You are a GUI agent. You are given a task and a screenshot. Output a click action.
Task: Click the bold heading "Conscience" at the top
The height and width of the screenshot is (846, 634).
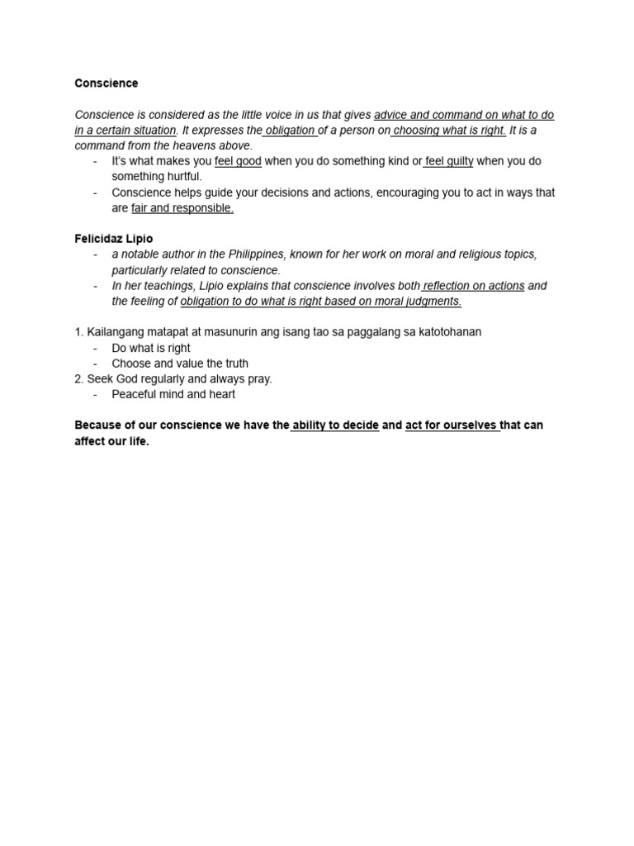pyautogui.click(x=106, y=83)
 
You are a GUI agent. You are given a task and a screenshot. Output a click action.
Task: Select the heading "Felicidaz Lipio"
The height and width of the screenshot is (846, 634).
pyautogui.click(x=114, y=239)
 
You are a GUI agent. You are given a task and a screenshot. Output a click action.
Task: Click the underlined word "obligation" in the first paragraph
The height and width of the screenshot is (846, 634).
pyautogui.click(x=290, y=131)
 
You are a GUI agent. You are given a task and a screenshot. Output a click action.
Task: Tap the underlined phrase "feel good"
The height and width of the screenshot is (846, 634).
pyautogui.click(x=238, y=161)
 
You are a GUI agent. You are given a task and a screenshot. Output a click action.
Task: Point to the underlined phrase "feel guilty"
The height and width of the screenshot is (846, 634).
pyautogui.click(x=449, y=161)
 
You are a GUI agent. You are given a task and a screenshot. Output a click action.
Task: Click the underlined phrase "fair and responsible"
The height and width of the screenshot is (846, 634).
pyautogui.click(x=182, y=208)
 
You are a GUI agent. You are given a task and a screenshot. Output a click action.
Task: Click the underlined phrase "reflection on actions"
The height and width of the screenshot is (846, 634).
pyautogui.click(x=474, y=286)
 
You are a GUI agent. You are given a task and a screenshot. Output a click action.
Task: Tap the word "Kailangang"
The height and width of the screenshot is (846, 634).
pyautogui.click(x=116, y=332)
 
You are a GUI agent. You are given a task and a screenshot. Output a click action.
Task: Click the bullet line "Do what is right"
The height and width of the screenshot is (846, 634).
pyautogui.click(x=151, y=348)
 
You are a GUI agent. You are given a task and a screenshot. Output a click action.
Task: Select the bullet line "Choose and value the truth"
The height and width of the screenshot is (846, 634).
pyautogui.click(x=180, y=364)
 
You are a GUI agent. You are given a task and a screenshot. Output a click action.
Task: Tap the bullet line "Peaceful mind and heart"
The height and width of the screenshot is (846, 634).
pyautogui.click(x=173, y=394)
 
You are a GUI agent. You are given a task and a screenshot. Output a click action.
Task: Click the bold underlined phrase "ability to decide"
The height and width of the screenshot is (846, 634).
pyautogui.click(x=335, y=425)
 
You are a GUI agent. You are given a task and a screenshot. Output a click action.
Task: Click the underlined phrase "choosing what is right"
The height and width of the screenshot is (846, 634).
pyautogui.click(x=450, y=131)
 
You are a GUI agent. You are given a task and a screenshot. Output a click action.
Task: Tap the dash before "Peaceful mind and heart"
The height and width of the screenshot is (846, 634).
pyautogui.click(x=96, y=394)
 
